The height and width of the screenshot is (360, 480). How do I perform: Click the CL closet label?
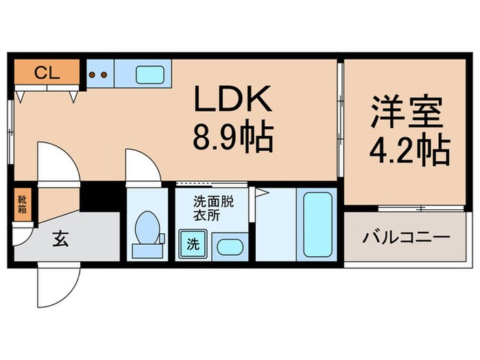point(47,72)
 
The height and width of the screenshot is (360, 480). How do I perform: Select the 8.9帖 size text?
point(234,138)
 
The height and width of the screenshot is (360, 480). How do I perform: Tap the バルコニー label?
point(406,237)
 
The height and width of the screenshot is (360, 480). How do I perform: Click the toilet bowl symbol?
point(146,229)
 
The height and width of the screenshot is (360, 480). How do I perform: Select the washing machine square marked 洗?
point(193,243)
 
